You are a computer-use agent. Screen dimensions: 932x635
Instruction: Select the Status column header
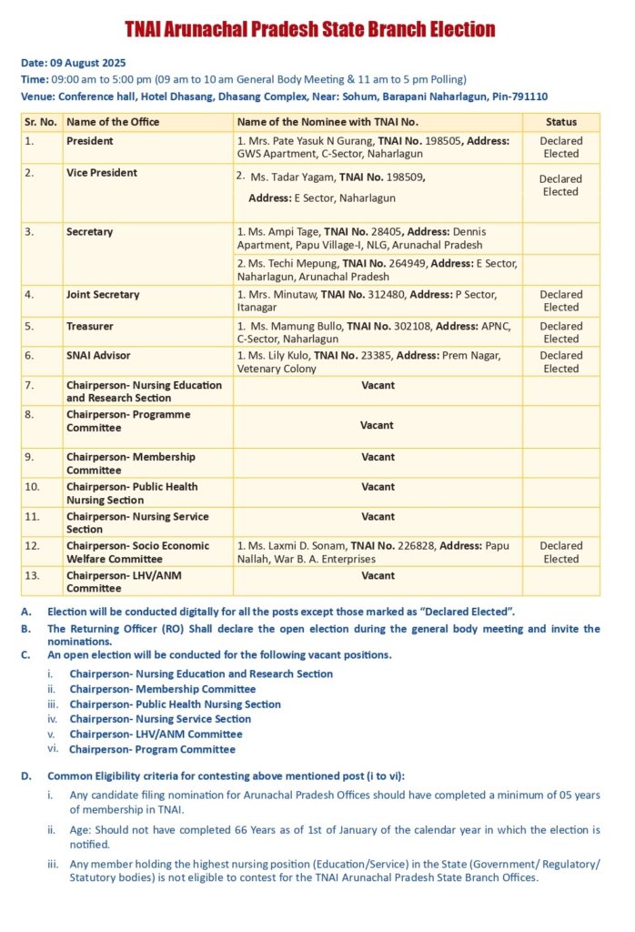561,122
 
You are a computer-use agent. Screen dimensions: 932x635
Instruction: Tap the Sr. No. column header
41,122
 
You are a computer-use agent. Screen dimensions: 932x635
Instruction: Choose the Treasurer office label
89,325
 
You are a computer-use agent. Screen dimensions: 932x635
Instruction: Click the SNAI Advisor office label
98,355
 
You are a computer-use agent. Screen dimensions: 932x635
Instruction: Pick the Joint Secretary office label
103,295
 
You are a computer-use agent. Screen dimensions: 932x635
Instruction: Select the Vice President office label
102,173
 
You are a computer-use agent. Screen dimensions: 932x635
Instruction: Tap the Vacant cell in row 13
378,575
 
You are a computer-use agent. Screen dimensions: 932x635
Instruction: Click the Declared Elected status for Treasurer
560,332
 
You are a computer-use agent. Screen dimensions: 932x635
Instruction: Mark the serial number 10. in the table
33,487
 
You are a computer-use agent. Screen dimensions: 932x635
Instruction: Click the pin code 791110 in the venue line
528,96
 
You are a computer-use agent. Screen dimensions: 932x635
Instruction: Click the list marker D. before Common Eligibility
26,776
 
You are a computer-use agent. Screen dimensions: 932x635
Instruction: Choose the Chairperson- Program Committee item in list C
152,750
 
